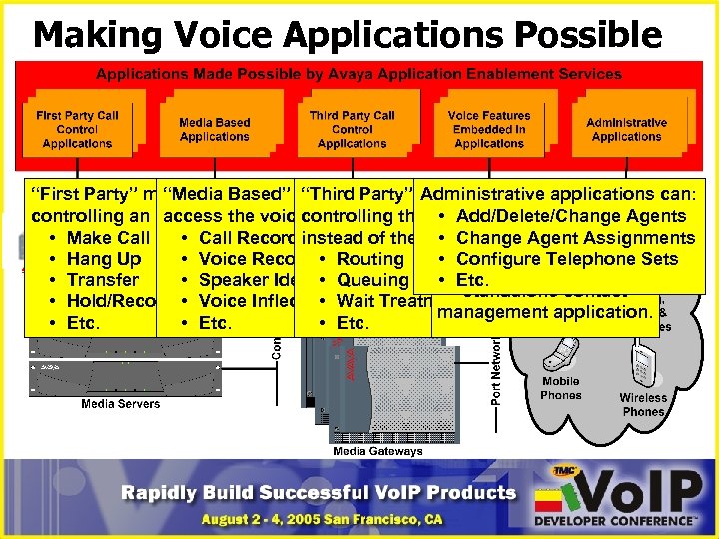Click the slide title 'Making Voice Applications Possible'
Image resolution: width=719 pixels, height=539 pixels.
[347, 35]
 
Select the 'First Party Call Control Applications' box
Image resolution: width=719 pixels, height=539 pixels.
[77, 129]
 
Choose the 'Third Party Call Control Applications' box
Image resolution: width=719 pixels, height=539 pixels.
[352, 129]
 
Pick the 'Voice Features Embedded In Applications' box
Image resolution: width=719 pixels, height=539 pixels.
[489, 129]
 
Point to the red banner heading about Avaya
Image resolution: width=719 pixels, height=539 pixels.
[359, 74]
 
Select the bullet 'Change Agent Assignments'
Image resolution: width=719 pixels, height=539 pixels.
[575, 238]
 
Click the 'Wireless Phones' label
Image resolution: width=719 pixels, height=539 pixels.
[643, 404]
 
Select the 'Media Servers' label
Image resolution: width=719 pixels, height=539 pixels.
[120, 404]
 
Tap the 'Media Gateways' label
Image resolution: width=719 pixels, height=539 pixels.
[377, 451]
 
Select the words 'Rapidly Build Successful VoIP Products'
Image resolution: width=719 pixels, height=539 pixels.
[319, 492]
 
